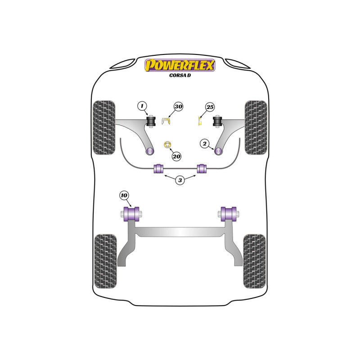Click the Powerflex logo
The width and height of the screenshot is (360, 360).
point(180,65)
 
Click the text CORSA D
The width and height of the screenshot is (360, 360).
point(180,75)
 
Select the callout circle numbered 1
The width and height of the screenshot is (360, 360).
point(142,106)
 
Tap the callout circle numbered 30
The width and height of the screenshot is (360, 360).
point(178,107)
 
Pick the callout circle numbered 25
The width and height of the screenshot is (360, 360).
point(210,107)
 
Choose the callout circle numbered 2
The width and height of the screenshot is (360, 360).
point(204,144)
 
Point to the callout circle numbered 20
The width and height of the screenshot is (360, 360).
point(176,156)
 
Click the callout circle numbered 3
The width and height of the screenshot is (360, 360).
point(180,180)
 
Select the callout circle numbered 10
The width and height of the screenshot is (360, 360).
point(124,195)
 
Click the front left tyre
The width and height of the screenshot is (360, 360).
point(103,127)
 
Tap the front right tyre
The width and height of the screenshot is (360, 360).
point(256,127)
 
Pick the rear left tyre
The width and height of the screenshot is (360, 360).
point(105,261)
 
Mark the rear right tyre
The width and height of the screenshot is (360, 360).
point(254,261)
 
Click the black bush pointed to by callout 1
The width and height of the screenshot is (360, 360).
point(151,121)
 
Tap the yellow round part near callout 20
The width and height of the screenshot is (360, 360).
point(168,145)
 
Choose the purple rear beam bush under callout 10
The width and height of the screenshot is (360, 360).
point(131,214)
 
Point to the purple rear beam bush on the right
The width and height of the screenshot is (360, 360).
point(229,214)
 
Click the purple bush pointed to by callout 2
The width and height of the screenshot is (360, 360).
point(218,151)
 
